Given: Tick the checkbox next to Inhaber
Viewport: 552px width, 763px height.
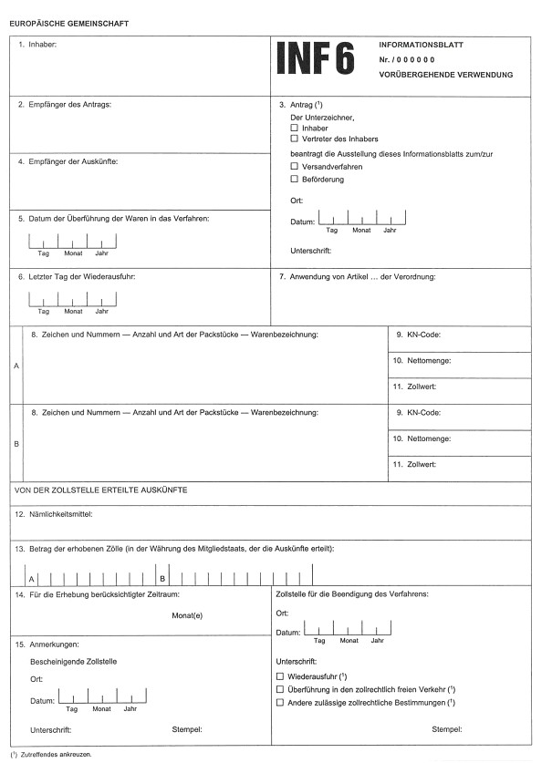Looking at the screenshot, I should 295,129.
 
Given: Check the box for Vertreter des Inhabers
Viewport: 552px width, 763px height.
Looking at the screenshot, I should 295,139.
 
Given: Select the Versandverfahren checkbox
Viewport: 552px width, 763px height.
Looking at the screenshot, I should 295,168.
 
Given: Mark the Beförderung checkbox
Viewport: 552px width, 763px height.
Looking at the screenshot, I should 295,179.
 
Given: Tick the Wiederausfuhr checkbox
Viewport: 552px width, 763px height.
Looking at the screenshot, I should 280,677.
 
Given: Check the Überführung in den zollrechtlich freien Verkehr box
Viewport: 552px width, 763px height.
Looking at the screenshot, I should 280,690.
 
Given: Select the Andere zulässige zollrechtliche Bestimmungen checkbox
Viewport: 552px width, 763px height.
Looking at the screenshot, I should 280,704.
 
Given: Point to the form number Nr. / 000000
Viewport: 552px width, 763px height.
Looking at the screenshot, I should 409,59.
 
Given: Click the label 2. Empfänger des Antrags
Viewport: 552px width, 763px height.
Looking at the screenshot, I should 64,104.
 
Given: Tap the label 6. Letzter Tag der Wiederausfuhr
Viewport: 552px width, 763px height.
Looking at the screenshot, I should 77,276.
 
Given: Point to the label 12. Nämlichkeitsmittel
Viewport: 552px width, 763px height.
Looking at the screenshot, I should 60,514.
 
